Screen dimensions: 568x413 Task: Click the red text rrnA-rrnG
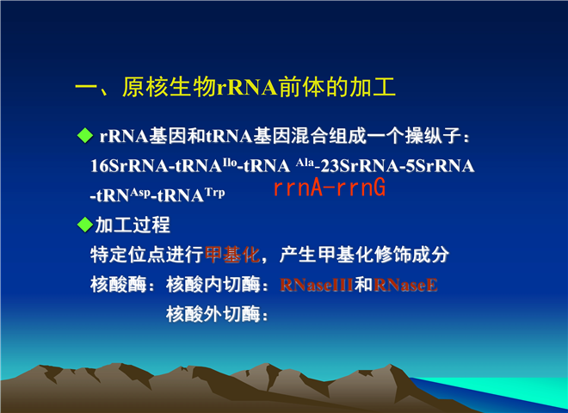(330, 188)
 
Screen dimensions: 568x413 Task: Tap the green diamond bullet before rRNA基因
(85, 135)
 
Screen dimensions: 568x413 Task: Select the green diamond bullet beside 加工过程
(85, 225)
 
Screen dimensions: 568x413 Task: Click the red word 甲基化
(232, 255)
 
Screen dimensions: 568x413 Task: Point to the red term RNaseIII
(317, 285)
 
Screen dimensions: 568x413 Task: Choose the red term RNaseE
(405, 285)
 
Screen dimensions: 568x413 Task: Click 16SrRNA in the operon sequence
(129, 166)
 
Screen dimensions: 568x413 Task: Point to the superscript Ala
(305, 163)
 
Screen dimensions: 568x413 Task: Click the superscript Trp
(215, 192)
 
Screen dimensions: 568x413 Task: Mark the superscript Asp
(140, 193)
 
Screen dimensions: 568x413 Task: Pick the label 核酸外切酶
(213, 314)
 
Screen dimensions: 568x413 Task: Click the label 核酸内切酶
(213, 285)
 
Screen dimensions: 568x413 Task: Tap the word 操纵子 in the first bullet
(433, 136)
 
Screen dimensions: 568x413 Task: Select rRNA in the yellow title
(247, 87)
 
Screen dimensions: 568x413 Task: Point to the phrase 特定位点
(128, 255)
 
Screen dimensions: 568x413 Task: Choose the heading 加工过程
(133, 225)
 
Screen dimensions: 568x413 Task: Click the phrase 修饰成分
(412, 255)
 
